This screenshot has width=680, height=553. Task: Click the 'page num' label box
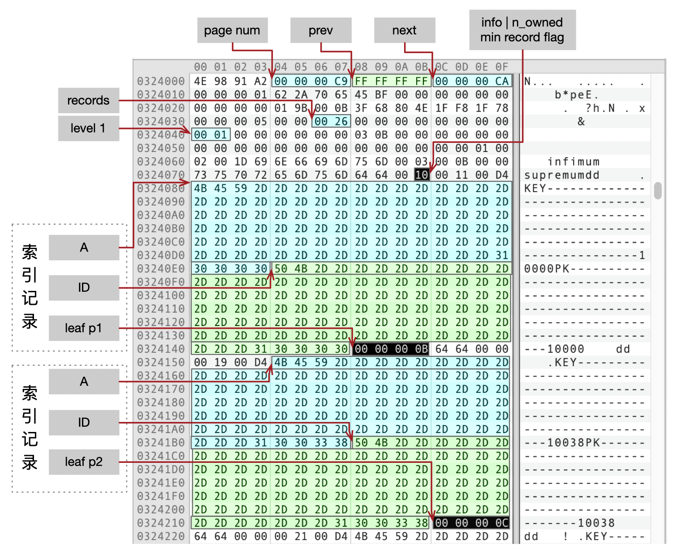[x=232, y=30]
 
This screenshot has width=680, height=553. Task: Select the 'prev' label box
[x=321, y=30]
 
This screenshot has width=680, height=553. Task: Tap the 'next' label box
[x=405, y=30]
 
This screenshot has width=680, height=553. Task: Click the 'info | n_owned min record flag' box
[x=522, y=30]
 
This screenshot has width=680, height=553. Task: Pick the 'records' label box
[x=88, y=101]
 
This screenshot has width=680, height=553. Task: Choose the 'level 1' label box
[x=88, y=128]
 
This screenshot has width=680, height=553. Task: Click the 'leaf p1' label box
[x=84, y=328]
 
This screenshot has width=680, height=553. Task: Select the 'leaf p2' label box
[x=84, y=462]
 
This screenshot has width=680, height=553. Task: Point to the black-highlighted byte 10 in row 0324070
[x=422, y=175]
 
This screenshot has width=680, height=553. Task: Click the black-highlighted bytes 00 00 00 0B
[x=391, y=349]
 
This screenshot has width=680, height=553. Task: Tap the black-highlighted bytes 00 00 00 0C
[x=472, y=523]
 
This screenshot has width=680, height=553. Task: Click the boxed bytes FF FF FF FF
[x=391, y=81]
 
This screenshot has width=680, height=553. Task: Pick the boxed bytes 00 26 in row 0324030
[x=331, y=121]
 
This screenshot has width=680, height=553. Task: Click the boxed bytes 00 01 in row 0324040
[x=211, y=135]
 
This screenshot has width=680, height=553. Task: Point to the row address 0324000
[x=161, y=81]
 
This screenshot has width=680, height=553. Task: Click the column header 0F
[x=502, y=67]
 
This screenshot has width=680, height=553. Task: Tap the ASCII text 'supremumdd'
[x=562, y=175]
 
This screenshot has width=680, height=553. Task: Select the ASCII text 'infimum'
[x=574, y=162]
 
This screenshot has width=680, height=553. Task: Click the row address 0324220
[x=161, y=536]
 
